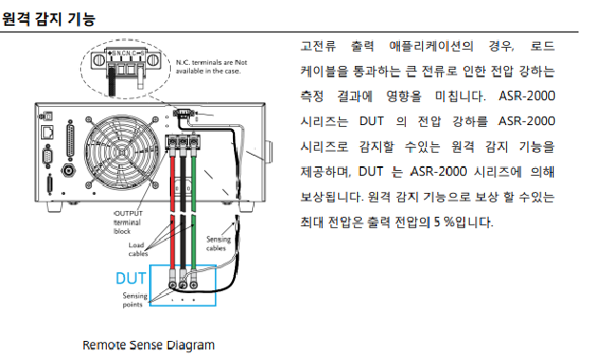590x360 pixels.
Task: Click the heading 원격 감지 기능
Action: coord(48,19)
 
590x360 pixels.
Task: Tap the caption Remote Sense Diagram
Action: coord(148,345)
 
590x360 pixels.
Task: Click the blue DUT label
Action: coord(130,279)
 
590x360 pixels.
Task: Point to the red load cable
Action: coord(173,211)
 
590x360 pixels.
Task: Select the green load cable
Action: coord(194,211)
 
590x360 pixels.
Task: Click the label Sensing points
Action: coord(135,300)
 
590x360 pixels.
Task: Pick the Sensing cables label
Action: coord(219,244)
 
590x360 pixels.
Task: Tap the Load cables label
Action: coord(137,249)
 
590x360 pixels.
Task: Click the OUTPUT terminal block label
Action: coord(128,222)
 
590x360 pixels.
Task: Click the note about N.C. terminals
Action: coord(212,67)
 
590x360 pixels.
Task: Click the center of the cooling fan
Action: coord(122,153)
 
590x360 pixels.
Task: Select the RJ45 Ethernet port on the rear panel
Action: coord(48,132)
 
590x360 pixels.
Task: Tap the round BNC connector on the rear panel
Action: coord(69,170)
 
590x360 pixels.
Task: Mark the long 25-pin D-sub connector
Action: coord(70,138)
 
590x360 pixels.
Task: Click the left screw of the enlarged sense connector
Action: coord(99,60)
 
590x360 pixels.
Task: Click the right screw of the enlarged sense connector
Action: coord(153,60)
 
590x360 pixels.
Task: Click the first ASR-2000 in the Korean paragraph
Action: coord(527,96)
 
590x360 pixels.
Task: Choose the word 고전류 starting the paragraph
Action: coord(318,46)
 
